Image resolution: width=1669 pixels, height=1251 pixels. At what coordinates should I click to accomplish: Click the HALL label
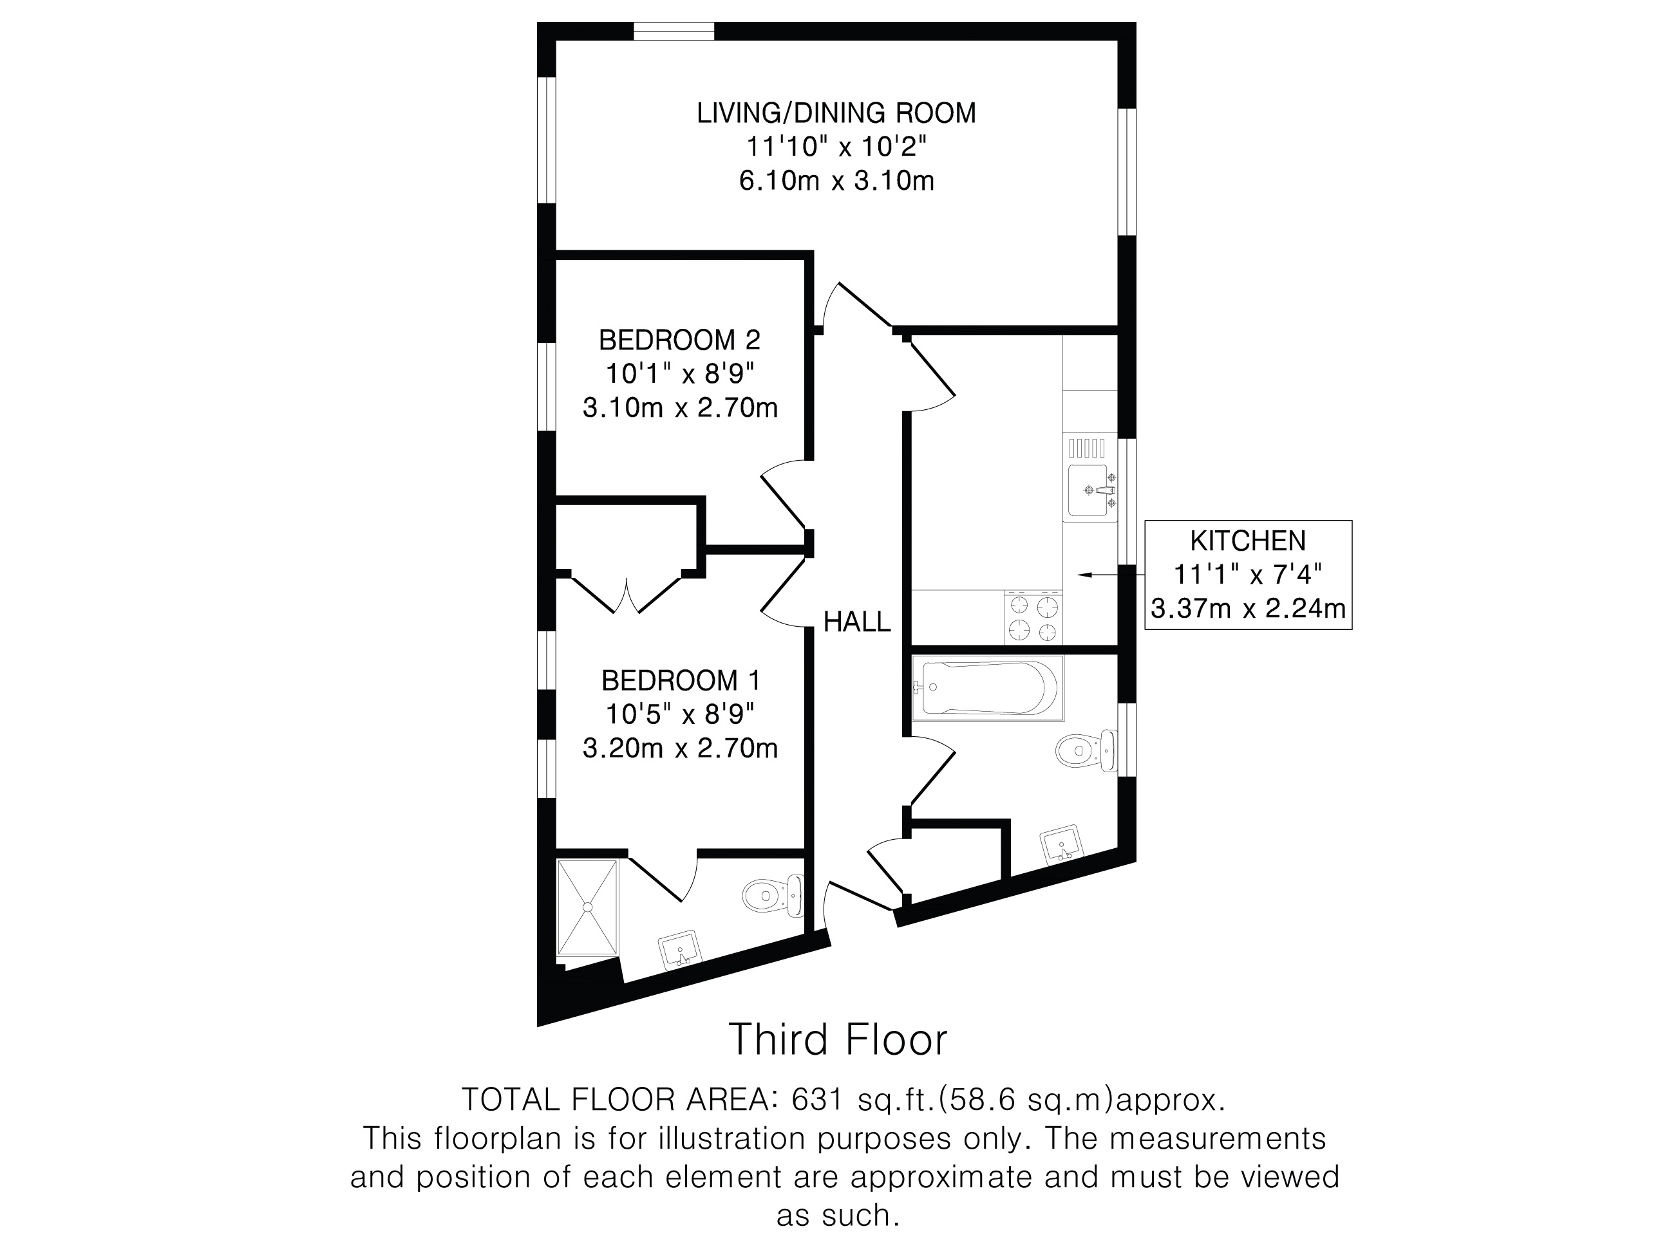(x=856, y=622)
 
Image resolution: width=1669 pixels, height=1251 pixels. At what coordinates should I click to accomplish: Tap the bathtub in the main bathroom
(x=987, y=688)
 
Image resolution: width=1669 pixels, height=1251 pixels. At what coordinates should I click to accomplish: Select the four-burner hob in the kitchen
(x=1033, y=618)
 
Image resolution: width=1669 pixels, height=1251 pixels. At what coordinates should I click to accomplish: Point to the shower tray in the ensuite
(x=588, y=909)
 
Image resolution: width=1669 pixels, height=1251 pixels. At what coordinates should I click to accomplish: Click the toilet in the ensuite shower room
(x=773, y=896)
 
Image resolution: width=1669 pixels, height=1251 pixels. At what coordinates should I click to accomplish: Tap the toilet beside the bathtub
(x=1086, y=751)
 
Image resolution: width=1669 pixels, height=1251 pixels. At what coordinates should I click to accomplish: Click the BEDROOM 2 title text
(x=679, y=340)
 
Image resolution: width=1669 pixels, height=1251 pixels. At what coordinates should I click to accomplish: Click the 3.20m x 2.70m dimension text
(x=680, y=748)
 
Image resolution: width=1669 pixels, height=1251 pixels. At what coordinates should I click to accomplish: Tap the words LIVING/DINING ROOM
(x=836, y=113)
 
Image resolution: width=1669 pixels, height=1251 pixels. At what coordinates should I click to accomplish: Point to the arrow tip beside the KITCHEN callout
(x=1078, y=575)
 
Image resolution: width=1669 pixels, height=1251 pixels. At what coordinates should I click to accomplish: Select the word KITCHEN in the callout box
(x=1248, y=541)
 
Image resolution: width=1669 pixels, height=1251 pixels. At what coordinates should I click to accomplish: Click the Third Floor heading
(x=838, y=1040)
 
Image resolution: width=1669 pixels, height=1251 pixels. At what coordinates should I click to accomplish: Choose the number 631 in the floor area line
(x=816, y=1100)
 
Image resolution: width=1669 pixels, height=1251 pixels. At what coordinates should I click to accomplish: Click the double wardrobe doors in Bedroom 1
(x=627, y=593)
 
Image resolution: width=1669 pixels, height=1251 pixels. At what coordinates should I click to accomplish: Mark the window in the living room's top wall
(x=673, y=31)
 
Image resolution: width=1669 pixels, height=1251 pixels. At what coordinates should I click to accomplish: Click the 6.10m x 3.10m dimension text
(x=836, y=181)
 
